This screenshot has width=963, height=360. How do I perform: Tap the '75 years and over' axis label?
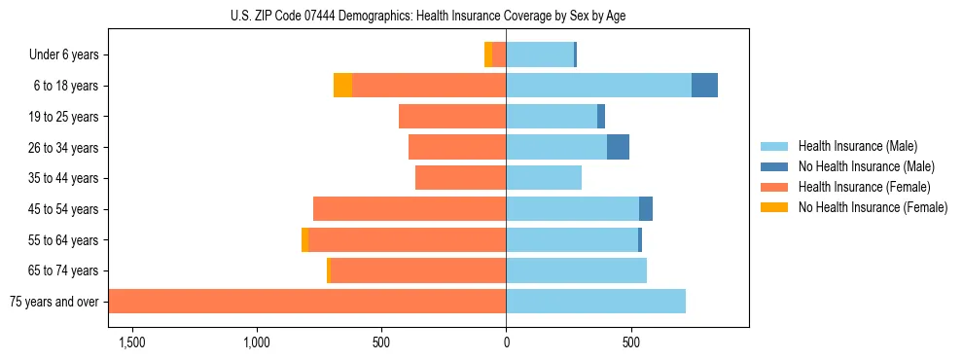pyautogui.click(x=54, y=302)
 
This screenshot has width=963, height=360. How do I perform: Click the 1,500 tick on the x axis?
pyautogui.click(x=132, y=342)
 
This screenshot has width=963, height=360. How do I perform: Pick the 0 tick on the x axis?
pyautogui.click(x=506, y=342)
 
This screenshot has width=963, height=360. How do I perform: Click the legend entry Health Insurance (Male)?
pyautogui.click(x=858, y=146)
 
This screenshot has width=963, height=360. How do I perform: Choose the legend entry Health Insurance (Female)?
pyautogui.click(x=864, y=187)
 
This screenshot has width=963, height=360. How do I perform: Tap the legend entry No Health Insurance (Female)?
pyautogui.click(x=873, y=207)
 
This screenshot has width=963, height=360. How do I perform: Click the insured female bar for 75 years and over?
pyautogui.click(x=307, y=302)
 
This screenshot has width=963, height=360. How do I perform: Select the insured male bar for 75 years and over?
pyautogui.click(x=595, y=302)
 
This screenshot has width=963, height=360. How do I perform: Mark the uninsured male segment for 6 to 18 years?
pyautogui.click(x=704, y=86)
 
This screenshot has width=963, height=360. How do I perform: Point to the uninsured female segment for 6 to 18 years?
pyautogui.click(x=342, y=86)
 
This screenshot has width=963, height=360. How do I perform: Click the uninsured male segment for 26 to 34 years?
pyautogui.click(x=618, y=147)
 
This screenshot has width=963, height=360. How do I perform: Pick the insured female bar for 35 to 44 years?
pyautogui.click(x=460, y=178)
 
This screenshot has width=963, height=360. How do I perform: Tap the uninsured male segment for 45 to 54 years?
pyautogui.click(x=646, y=209)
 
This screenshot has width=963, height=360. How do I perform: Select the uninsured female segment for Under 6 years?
pyautogui.click(x=488, y=55)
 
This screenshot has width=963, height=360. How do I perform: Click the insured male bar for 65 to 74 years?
pyautogui.click(x=576, y=270)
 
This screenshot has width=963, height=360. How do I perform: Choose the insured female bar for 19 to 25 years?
pyautogui.click(x=452, y=117)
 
